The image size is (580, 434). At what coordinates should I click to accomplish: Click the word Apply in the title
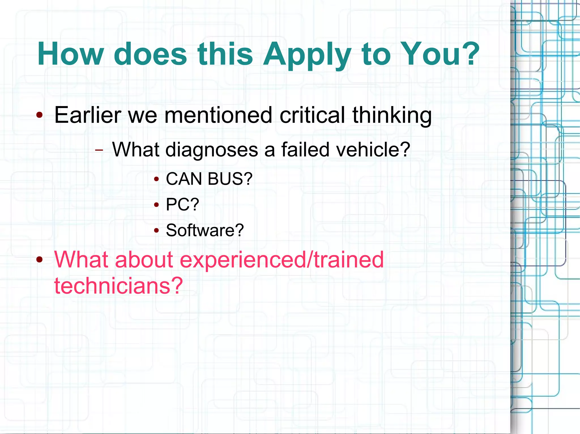pos(307,54)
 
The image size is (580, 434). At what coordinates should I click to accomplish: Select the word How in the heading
pos(71,54)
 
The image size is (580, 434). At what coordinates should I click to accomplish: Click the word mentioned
pos(218,115)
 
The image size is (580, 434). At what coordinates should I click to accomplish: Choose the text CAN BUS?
pos(209,179)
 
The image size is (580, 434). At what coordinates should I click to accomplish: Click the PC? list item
pos(182,204)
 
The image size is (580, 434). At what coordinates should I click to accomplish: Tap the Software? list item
pos(205,230)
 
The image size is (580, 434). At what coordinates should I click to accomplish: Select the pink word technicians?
pos(118,286)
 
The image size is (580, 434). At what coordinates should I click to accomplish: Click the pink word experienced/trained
pos(282,260)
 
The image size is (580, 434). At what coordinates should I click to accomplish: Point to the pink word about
pos(144,260)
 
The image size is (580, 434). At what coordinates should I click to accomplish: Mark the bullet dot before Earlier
pos(40,115)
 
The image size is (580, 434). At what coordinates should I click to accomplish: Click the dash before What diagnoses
pos(99,150)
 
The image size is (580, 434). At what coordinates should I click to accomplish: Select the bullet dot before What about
pos(40,260)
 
